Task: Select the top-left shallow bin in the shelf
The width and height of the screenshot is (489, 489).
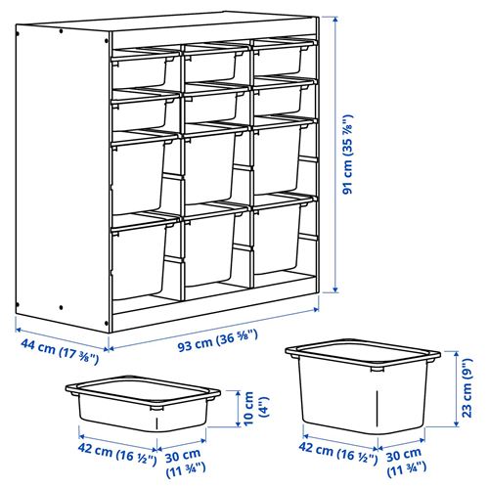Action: pyautogui.click(x=143, y=66)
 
